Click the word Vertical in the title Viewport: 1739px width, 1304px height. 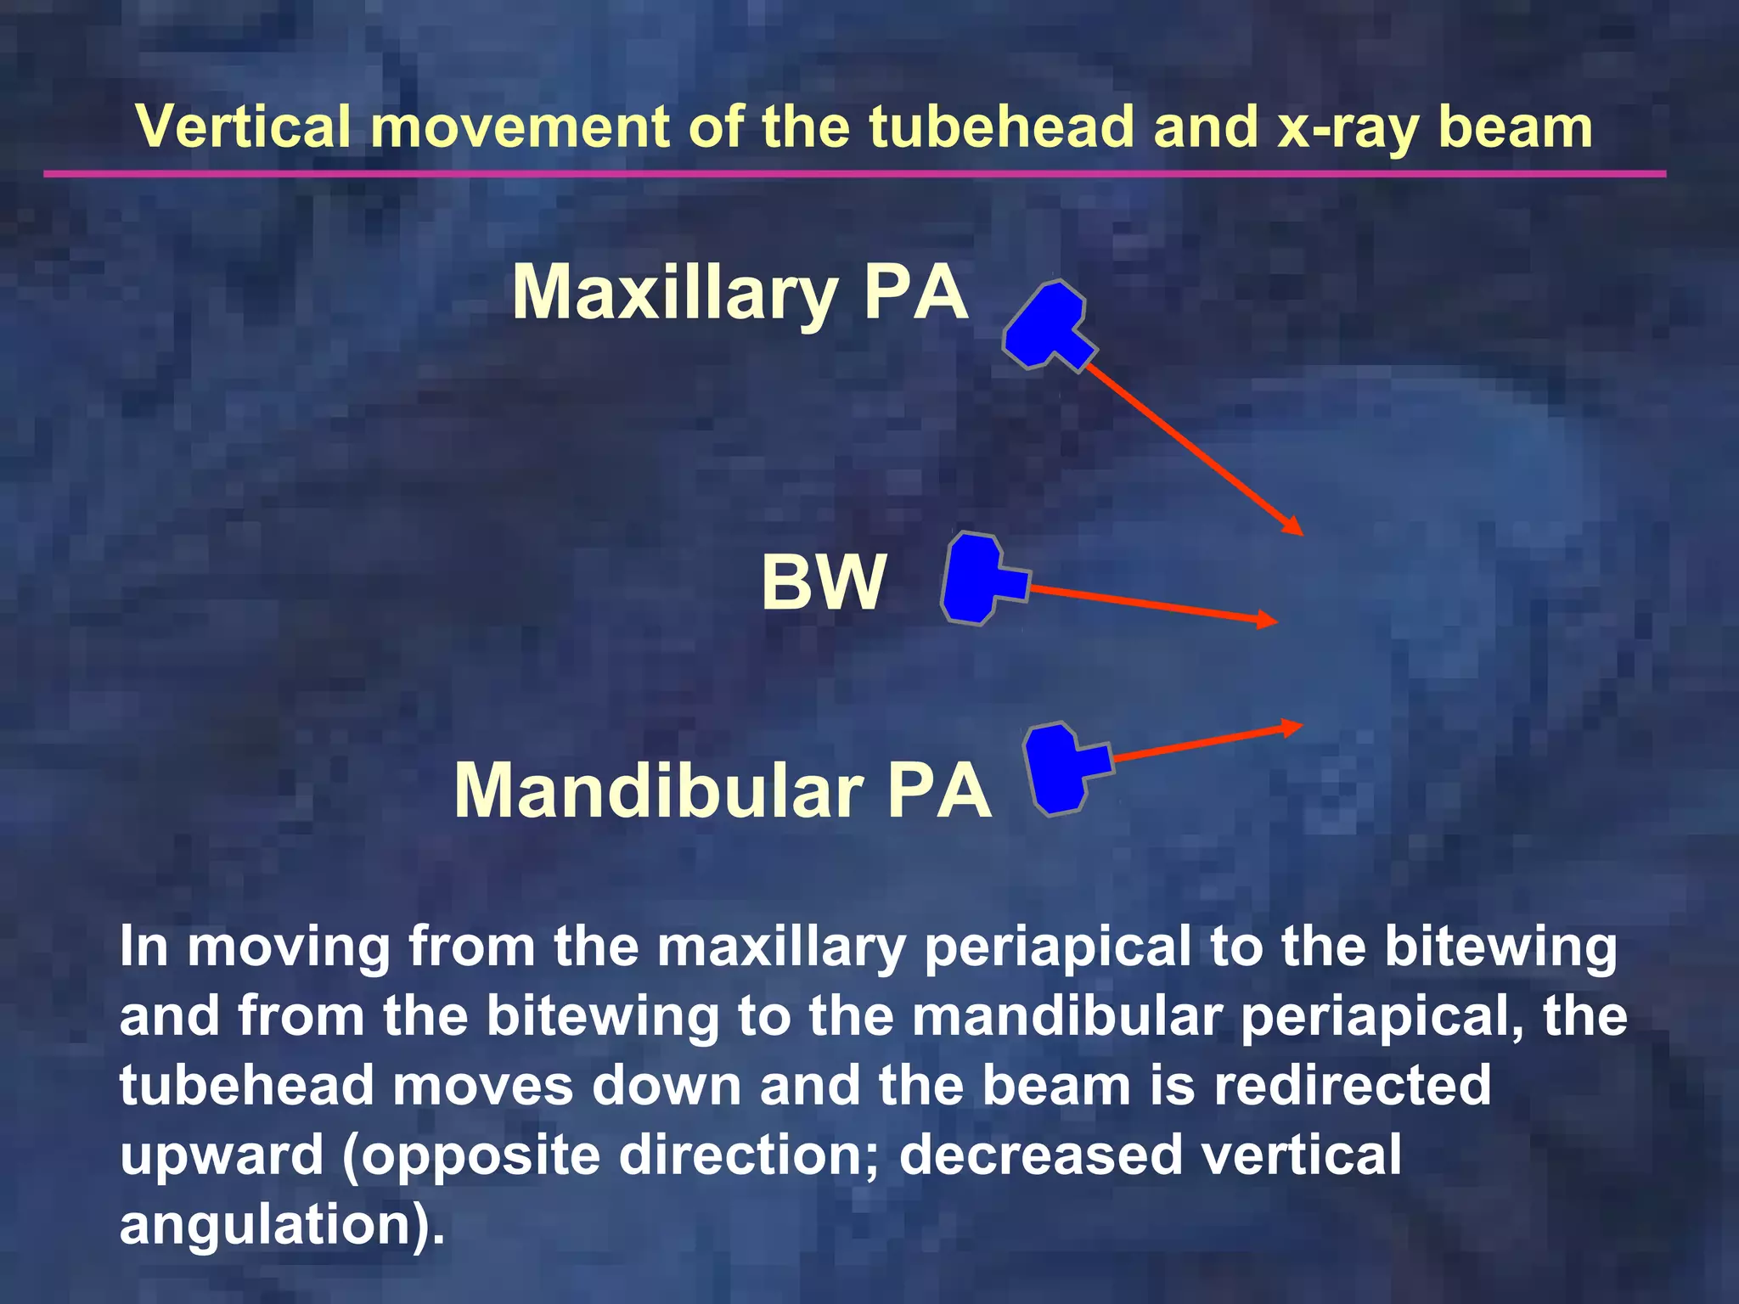pos(244,127)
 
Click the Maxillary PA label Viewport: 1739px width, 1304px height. pos(740,293)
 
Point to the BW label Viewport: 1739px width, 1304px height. pos(823,582)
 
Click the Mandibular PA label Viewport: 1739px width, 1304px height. pos(723,791)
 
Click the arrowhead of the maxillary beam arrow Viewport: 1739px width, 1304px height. pos(1293,526)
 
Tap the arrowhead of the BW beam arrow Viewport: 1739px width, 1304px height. pos(1269,619)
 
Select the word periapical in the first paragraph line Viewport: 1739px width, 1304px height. pos(1057,948)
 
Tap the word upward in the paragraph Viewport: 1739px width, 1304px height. pos(222,1156)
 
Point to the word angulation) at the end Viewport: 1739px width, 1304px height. pos(281,1225)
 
